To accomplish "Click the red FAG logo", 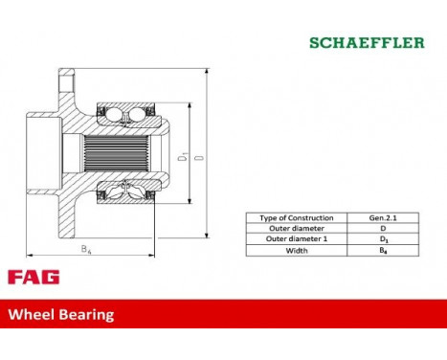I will tap(34, 278).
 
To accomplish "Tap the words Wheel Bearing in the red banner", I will tap(61, 313).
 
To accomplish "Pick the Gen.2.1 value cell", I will tap(382, 218).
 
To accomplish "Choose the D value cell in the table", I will tap(382, 229).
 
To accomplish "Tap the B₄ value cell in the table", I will tap(382, 250).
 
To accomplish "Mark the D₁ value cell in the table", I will tap(382, 239).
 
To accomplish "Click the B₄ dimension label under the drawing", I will tap(85, 249).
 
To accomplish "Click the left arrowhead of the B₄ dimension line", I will tap(30, 255).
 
